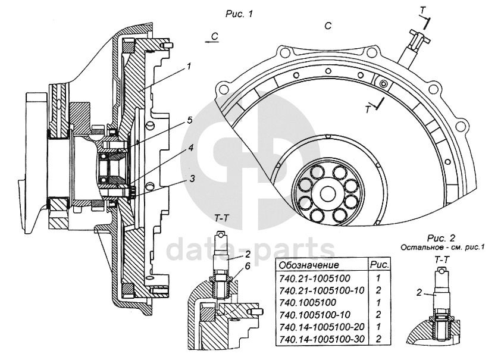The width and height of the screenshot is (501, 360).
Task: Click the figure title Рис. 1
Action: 239,14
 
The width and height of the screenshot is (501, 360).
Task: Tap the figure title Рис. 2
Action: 441,238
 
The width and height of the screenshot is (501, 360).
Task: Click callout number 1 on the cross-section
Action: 189,66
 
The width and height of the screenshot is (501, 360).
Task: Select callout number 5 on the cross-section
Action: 189,120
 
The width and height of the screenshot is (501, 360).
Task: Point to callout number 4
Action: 190,148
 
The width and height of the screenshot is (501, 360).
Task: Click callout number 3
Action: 192,179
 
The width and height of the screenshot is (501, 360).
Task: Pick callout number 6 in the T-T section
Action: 248,266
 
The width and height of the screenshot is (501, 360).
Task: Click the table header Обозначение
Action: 309,265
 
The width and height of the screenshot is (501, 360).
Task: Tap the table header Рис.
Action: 380,265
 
